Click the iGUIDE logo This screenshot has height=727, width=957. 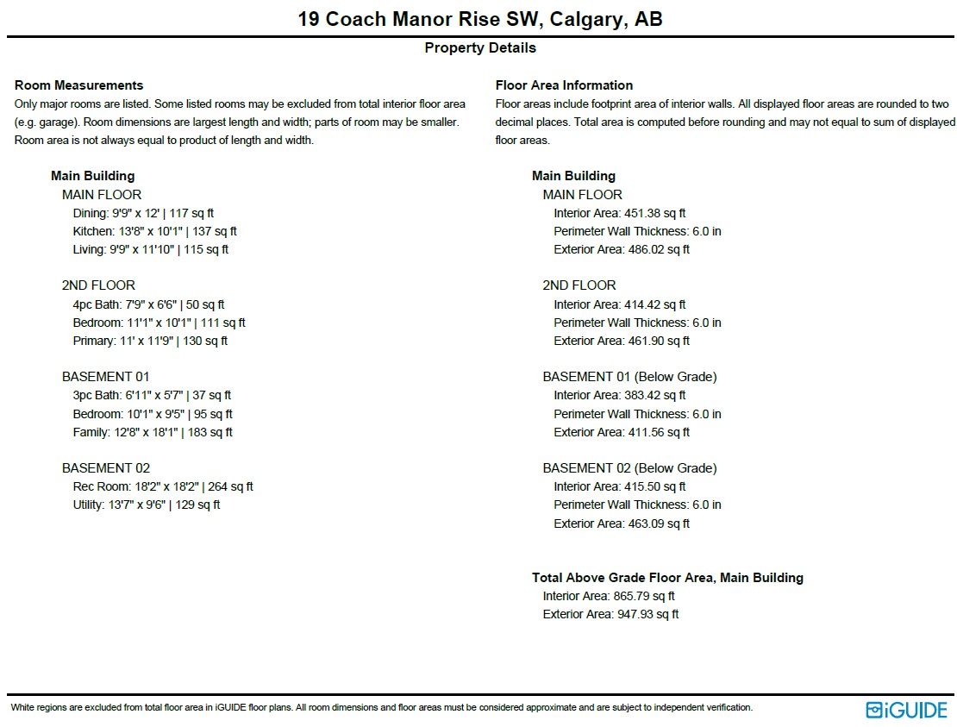[x=906, y=710]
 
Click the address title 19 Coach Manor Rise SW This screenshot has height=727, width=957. [x=479, y=19]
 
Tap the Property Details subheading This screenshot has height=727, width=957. [x=479, y=48]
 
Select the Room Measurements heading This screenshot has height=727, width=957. [x=78, y=85]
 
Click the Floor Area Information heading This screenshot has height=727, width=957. [x=564, y=85]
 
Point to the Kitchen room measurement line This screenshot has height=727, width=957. [x=154, y=231]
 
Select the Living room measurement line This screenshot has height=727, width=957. [x=150, y=249]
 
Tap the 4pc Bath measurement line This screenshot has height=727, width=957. [x=148, y=304]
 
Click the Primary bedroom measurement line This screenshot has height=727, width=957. [x=150, y=341]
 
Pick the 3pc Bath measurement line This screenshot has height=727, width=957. [x=152, y=395]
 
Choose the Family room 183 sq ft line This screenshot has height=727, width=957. [x=153, y=432]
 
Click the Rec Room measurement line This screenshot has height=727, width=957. [x=163, y=486]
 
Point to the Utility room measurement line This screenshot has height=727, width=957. [x=147, y=505]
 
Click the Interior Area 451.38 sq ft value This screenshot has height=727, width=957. [x=619, y=213]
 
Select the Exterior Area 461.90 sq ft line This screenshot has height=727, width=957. [x=621, y=341]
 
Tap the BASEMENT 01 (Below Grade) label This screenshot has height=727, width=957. [x=629, y=377]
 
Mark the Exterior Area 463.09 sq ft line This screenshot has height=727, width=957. [x=621, y=523]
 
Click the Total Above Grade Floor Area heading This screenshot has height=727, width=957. [x=667, y=578]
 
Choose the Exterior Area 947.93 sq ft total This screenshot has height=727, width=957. [x=610, y=614]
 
